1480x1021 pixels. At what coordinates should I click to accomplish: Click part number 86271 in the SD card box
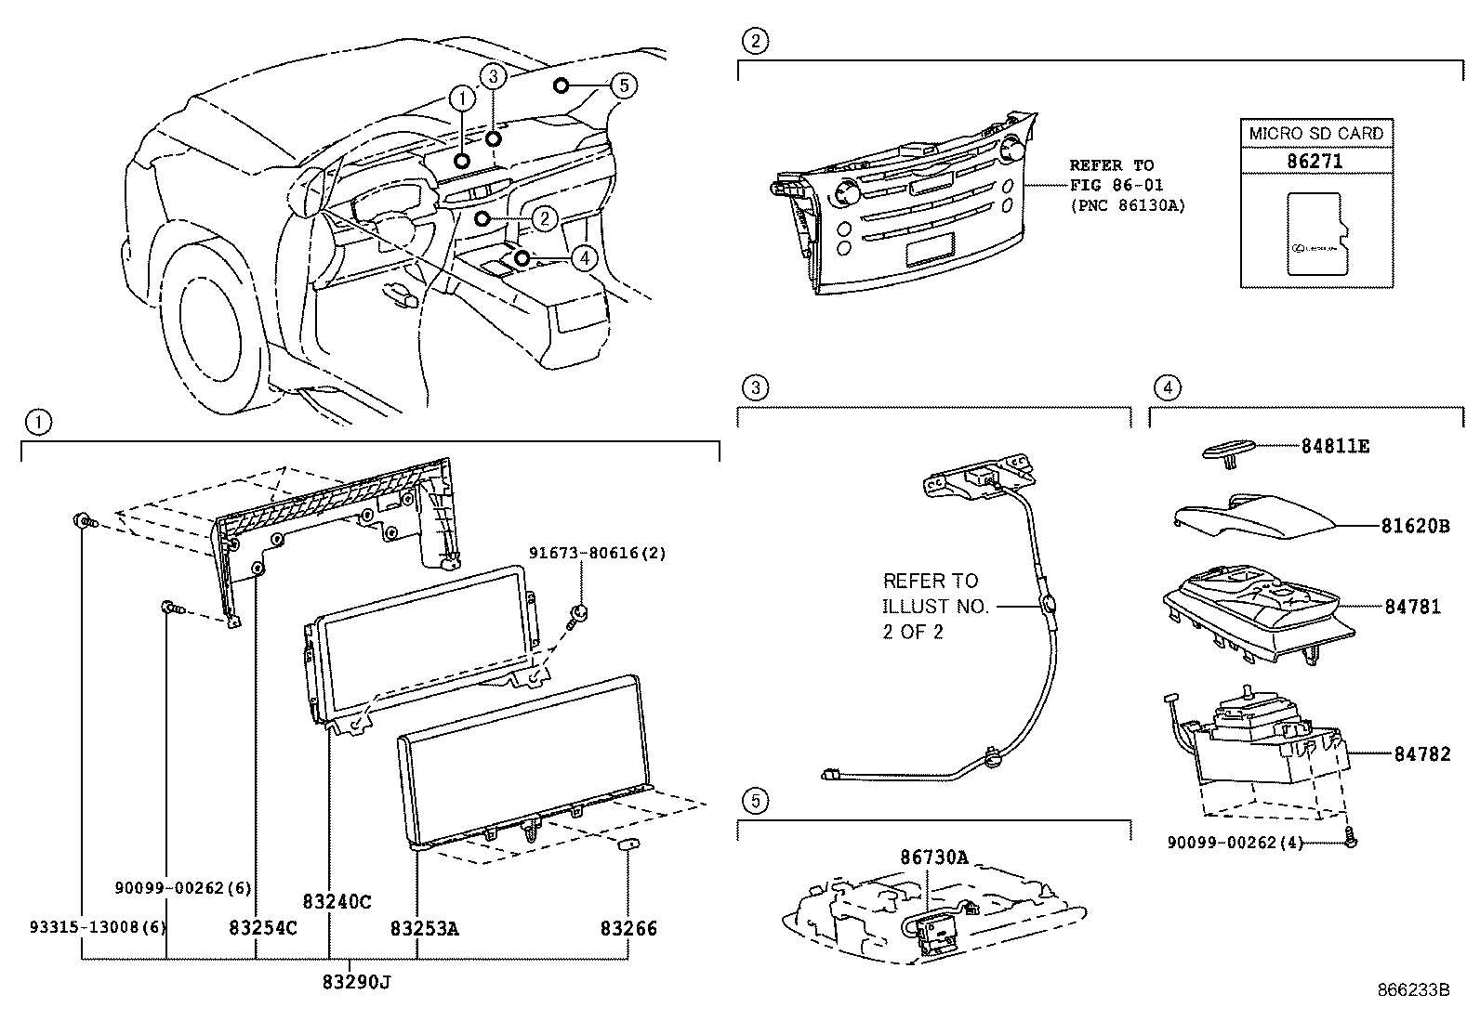coord(1315,161)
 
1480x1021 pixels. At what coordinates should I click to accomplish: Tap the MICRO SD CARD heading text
coord(1315,133)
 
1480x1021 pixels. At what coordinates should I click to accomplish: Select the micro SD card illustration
coord(1315,234)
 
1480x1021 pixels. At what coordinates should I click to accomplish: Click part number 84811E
coord(1334,447)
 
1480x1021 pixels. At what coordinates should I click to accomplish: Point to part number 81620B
coord(1414,526)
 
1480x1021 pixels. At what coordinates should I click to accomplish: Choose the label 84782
coord(1421,754)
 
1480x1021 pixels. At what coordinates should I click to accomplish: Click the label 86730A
coord(933,857)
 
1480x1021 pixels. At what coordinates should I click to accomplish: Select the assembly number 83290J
coord(356,981)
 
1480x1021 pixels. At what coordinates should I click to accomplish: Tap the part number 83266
coord(628,928)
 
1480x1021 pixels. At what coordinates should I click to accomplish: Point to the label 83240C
coord(337,901)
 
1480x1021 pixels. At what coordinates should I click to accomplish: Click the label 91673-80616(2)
coord(598,553)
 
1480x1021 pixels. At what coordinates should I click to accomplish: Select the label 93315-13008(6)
coord(86,927)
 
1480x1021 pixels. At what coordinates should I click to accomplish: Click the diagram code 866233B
coord(1413,990)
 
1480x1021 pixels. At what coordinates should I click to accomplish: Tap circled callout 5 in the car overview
coord(624,85)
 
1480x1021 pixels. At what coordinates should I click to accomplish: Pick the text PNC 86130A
coord(1127,205)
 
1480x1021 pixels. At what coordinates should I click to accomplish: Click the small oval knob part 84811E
coord(1229,450)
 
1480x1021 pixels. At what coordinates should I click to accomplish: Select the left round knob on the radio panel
coord(846,193)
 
